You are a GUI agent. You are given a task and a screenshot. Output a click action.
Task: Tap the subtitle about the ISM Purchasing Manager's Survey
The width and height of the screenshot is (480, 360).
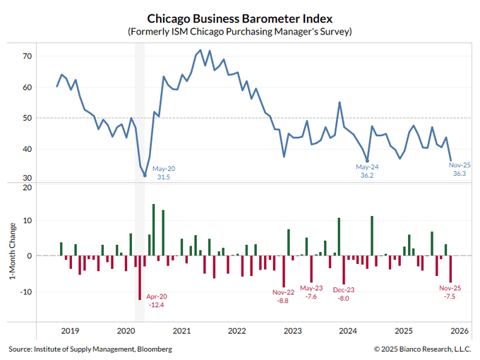point(239,32)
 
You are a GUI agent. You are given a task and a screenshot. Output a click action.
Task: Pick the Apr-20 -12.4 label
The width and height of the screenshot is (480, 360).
point(156,300)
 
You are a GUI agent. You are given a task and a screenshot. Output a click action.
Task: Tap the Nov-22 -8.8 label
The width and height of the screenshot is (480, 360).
point(283,296)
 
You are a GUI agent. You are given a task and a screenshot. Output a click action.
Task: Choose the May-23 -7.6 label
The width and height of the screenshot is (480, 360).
point(311,292)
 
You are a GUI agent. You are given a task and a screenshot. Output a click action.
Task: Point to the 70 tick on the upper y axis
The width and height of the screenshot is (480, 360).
point(28,56)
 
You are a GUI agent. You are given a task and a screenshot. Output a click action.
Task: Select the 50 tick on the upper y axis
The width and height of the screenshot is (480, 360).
point(28,118)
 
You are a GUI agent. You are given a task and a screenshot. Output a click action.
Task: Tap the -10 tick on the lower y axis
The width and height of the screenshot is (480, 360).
point(25,291)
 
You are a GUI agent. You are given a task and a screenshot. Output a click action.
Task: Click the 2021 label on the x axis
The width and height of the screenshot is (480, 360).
point(181,330)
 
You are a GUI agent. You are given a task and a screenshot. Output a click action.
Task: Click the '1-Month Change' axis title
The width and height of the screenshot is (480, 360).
point(12,255)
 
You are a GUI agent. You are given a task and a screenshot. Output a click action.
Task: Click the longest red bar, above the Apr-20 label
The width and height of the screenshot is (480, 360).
point(140,277)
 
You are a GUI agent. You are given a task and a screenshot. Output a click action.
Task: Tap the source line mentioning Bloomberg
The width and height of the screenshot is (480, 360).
point(90,349)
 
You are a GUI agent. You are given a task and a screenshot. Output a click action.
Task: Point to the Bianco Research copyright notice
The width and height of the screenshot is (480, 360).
point(422,349)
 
